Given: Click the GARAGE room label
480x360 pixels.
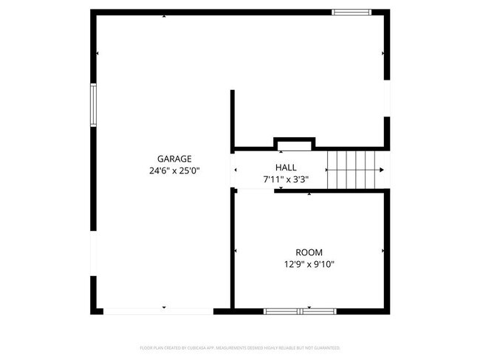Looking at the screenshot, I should click(x=174, y=159).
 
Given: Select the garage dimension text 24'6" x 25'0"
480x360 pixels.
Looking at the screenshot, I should click(x=174, y=170).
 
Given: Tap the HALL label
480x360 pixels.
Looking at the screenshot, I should click(x=286, y=167).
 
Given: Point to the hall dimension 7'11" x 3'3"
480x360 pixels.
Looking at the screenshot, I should click(x=286, y=179).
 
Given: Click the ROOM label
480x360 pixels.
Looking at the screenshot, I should click(x=309, y=252).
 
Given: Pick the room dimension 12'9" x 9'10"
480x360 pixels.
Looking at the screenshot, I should click(x=309, y=264).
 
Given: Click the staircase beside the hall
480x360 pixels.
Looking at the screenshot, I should click(x=355, y=169).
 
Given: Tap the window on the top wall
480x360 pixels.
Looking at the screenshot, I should click(x=351, y=12).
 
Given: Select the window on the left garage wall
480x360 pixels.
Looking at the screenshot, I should click(x=94, y=105).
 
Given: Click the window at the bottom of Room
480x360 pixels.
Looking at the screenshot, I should click(x=301, y=311).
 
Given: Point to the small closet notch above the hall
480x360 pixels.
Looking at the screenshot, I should click(x=293, y=143).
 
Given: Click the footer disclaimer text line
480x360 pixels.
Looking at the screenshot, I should click(x=240, y=347).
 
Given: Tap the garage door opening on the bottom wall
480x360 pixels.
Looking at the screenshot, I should click(x=158, y=311).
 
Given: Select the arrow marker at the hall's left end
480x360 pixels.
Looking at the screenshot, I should click(x=236, y=170).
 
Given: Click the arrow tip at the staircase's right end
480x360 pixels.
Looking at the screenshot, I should click(x=382, y=169).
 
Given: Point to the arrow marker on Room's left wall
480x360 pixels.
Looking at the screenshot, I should click(x=236, y=252).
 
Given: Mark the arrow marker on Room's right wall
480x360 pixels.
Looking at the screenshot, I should click(x=383, y=252).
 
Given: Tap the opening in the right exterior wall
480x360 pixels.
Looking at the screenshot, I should click(x=386, y=97).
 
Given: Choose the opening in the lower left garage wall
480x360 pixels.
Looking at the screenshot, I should click(x=94, y=255).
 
